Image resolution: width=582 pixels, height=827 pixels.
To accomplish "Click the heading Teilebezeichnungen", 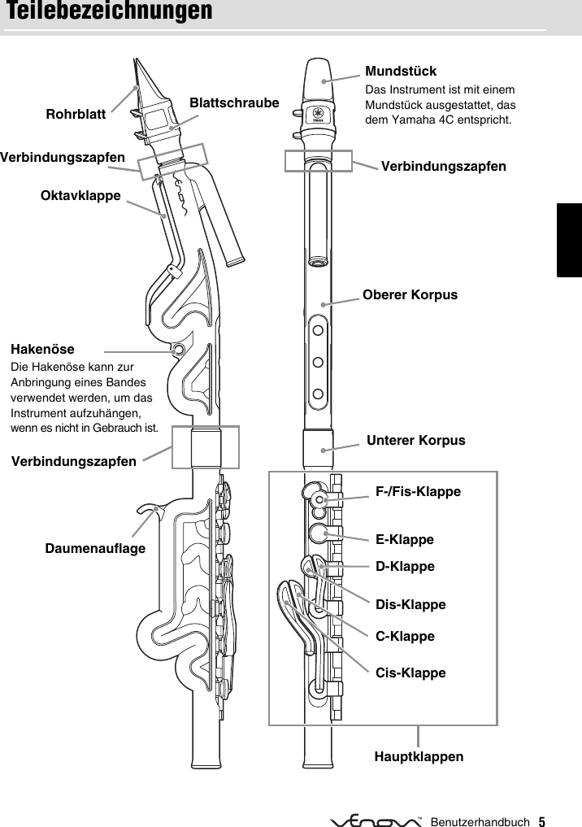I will click(109, 12).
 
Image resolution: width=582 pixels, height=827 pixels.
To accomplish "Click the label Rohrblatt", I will click(76, 115).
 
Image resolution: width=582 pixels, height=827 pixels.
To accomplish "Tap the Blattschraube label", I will click(234, 103).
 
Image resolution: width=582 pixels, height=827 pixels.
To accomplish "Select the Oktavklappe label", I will click(80, 195).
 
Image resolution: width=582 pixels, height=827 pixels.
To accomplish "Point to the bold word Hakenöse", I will click(42, 350).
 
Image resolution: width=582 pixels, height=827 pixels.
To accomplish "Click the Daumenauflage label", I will click(95, 549).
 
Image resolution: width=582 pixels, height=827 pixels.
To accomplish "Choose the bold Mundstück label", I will click(401, 72).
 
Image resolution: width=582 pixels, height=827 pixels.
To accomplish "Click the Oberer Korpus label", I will click(410, 295).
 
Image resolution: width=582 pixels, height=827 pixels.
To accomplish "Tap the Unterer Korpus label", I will click(416, 441).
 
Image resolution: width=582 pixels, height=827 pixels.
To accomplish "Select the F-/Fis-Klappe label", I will click(418, 492).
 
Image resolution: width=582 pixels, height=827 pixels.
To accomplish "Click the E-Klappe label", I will click(404, 539).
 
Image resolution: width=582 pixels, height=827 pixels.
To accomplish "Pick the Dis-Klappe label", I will click(410, 605).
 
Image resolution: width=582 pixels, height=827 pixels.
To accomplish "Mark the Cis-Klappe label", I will click(410, 673).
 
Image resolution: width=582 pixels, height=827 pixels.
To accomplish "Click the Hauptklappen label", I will click(419, 757).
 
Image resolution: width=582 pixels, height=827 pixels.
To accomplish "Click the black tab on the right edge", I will click(569, 240).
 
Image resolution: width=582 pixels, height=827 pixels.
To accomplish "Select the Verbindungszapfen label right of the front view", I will click(443, 167).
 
